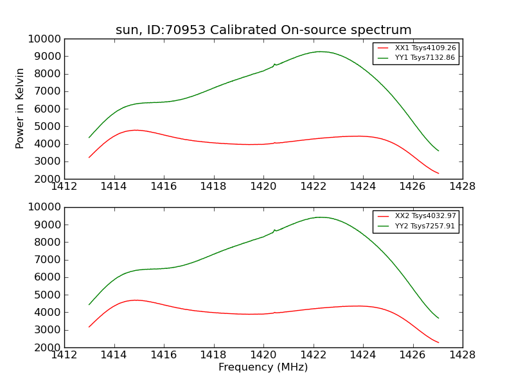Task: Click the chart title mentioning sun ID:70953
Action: point(263,30)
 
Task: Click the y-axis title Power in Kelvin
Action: point(20,108)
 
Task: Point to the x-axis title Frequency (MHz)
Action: point(263,367)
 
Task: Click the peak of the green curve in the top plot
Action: point(319,51)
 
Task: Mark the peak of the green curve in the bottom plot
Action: point(320,217)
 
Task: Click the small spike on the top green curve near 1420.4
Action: point(274,64)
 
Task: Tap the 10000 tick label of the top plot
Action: point(44,39)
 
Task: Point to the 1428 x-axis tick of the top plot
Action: point(462,187)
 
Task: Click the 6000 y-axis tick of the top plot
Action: point(47,109)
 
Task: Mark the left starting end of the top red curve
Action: point(89,157)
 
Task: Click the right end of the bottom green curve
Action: point(439,318)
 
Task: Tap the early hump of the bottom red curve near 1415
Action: point(136,300)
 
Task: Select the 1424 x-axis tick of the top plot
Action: point(363,187)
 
